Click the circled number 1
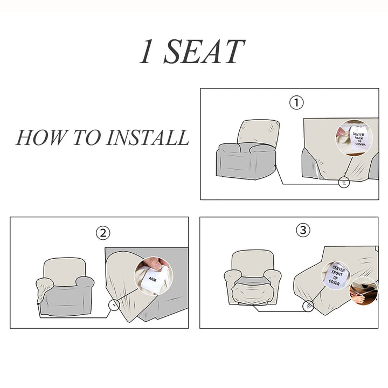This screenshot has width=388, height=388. point(296,103)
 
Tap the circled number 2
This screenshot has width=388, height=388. point(103,233)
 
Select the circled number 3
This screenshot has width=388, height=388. point(303,230)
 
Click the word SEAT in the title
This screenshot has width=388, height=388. point(204,52)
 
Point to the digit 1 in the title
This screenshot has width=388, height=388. point(147,52)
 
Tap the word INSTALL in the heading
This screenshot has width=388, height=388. point(148,137)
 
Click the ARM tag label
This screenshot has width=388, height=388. point(153,280)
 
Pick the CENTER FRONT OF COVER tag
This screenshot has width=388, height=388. point(336,275)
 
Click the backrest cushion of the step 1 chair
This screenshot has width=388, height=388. point(258,133)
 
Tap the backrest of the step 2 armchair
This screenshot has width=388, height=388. point(65,272)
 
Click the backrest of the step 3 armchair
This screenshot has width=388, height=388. point(253,264)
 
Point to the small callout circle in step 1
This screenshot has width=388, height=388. point(344,182)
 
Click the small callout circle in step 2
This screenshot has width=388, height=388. point(114,305)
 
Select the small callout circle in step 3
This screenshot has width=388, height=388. point(308,306)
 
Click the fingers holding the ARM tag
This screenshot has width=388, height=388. point(155,264)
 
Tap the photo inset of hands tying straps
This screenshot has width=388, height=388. point(363,291)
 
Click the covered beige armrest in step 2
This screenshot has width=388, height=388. point(44,289)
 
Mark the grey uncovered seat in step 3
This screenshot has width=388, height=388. point(252,280)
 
